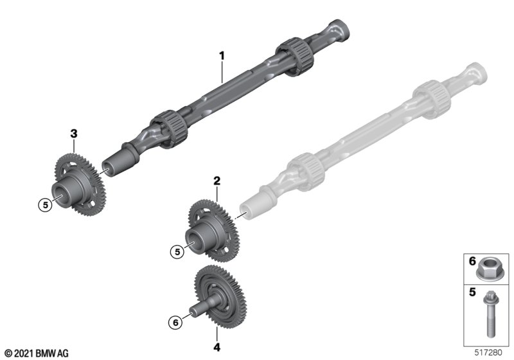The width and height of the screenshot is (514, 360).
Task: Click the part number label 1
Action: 222,56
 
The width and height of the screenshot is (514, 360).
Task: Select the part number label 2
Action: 217,181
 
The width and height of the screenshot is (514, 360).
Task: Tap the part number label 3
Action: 74,134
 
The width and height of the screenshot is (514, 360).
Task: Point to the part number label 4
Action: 217,347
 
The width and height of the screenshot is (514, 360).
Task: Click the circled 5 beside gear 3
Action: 45,205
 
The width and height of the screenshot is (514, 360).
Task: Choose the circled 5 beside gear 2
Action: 177,252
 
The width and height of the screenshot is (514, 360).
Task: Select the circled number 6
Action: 175,323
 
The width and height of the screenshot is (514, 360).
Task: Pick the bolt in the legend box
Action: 491,314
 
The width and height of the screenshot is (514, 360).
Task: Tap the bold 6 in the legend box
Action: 472,261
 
